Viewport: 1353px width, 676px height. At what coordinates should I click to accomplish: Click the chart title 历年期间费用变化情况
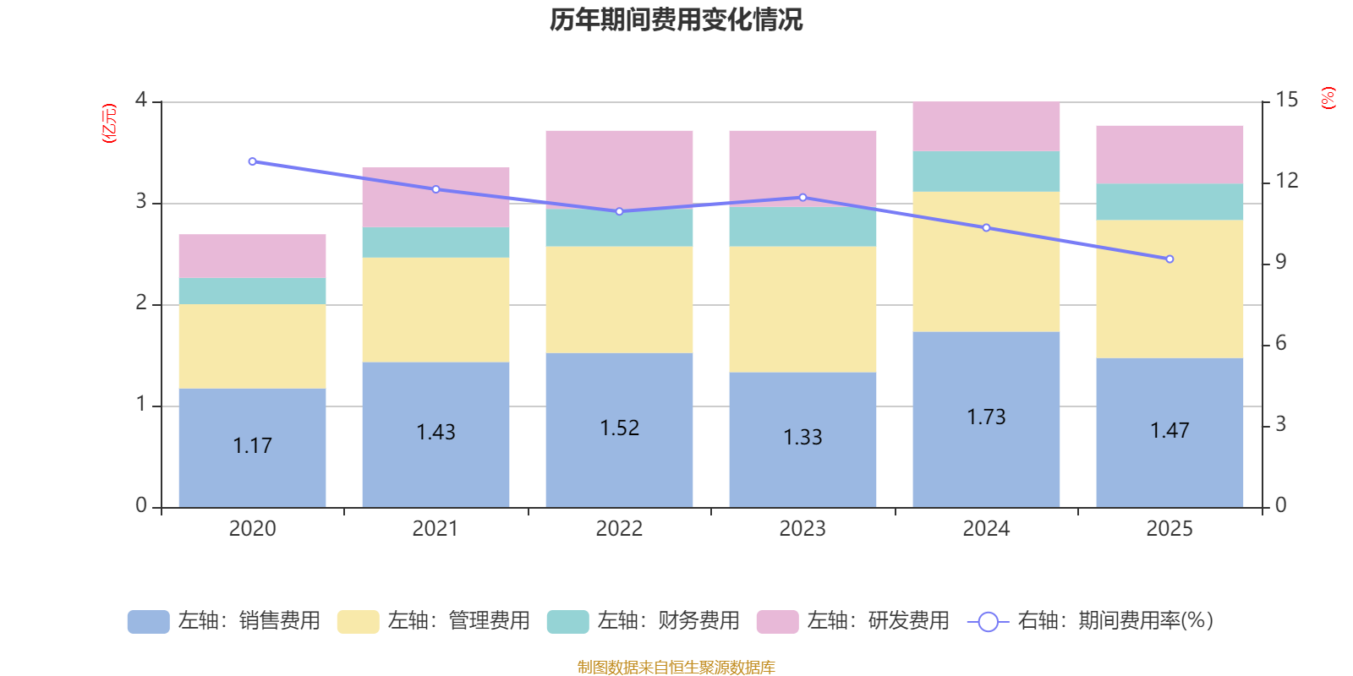coord(676,19)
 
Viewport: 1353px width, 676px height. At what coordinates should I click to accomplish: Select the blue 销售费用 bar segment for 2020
coord(252,473)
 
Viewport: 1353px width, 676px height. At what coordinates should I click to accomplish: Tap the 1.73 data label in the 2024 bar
coord(986,417)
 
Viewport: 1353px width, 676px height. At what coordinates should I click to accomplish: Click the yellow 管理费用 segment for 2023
coord(802,309)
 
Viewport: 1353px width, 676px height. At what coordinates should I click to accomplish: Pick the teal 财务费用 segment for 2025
coord(1169,202)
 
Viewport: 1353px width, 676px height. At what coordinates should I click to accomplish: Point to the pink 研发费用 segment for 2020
coord(252,256)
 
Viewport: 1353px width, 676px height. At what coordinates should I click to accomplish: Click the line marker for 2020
coord(252,161)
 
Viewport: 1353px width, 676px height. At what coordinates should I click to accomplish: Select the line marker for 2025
coord(1169,259)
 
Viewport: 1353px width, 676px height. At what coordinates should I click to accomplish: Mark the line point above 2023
coord(802,198)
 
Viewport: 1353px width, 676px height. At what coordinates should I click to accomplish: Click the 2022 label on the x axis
coord(619,529)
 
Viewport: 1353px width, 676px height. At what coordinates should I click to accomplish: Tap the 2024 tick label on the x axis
coord(986,529)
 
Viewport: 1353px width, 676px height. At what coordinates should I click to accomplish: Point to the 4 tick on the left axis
coord(141,100)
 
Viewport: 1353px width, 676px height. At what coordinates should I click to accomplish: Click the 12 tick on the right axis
coord(1286,181)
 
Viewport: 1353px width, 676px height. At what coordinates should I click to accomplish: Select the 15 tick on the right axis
coord(1286,100)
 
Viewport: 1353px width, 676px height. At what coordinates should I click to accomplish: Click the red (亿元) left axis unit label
coord(108,123)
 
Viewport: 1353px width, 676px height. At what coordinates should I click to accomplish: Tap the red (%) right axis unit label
coord(1328,98)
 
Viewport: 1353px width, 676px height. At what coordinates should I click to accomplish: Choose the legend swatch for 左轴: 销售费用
coord(148,621)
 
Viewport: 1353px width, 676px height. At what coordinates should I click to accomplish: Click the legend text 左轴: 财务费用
coord(668,621)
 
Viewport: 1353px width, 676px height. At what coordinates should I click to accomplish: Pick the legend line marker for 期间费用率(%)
coord(987,622)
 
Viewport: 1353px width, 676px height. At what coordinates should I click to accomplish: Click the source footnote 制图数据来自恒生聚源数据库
coord(676,668)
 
